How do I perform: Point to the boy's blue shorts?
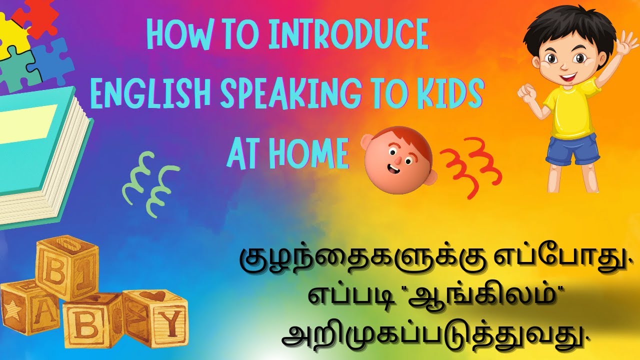pyautogui.click(x=572, y=149)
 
